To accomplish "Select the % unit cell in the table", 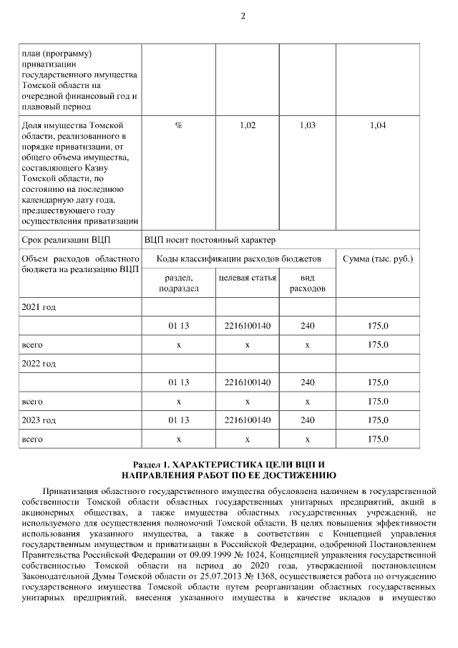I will (178, 125).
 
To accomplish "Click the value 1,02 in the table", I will (247, 125).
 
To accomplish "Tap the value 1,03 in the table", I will (307, 125).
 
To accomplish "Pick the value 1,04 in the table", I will (378, 125).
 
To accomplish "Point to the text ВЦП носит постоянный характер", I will (210, 240).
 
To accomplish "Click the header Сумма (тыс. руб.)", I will (378, 258).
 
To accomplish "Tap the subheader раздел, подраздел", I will (178, 282).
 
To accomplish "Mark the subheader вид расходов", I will (307, 282).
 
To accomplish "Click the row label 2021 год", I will (39, 307).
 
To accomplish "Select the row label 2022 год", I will (39, 364).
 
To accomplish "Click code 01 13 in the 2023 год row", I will (178, 420).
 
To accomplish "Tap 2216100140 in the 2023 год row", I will (247, 420).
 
